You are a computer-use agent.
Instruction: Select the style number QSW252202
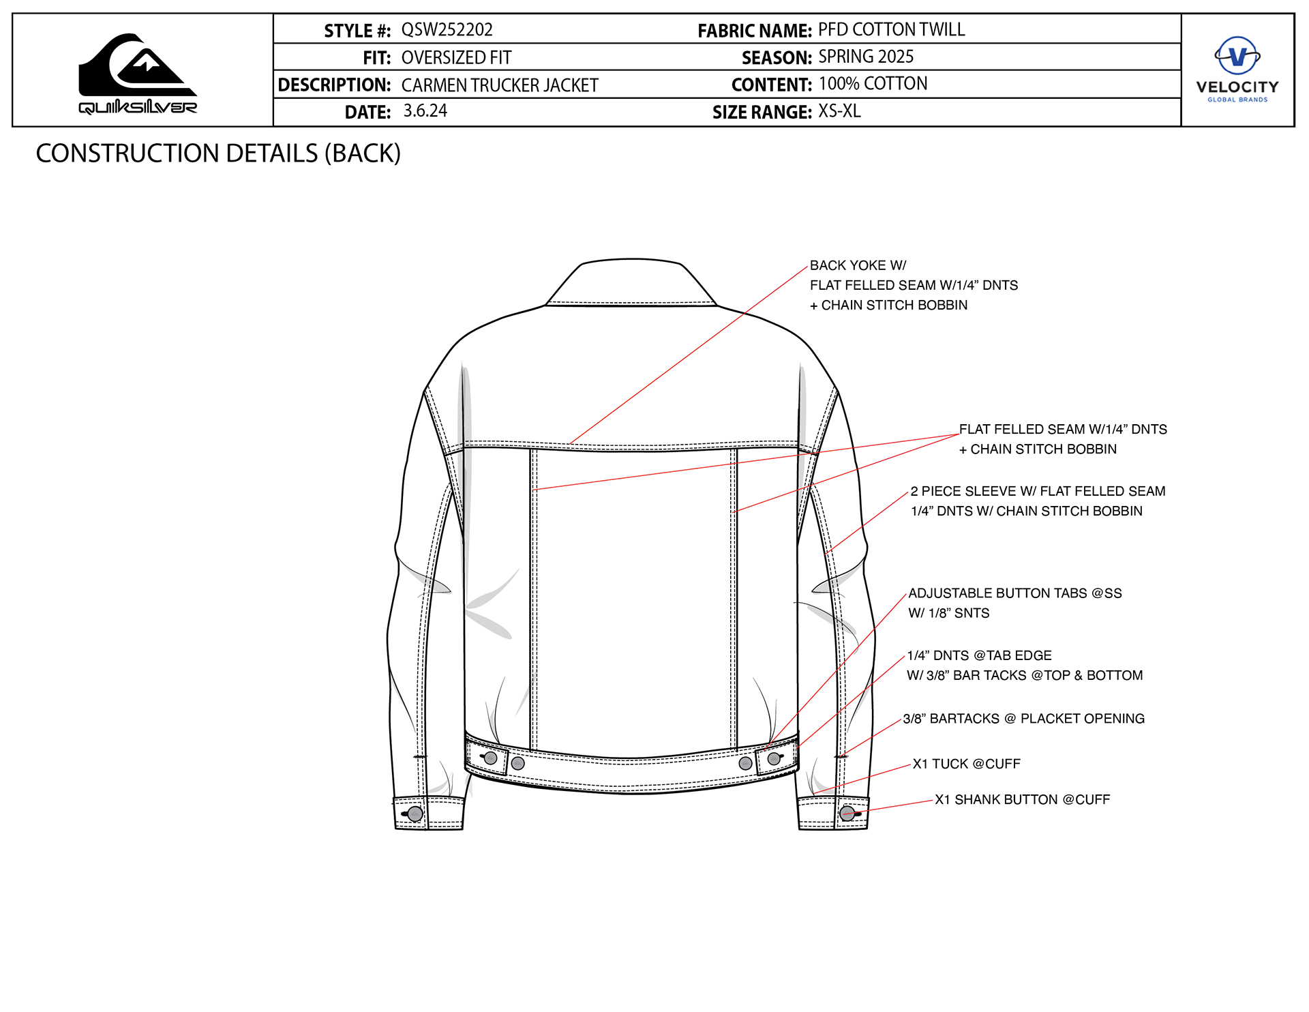[447, 30]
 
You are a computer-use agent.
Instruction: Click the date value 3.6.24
[425, 111]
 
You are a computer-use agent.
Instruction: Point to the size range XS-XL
[839, 111]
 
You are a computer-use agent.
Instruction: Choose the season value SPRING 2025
[866, 57]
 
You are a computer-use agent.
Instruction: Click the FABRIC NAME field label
[754, 31]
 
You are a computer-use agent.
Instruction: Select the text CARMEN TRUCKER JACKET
[500, 85]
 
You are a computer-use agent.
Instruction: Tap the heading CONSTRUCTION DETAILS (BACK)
[218, 153]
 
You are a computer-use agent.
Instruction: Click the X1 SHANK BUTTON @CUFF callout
[1022, 799]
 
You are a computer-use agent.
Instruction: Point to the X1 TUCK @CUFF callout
[966, 764]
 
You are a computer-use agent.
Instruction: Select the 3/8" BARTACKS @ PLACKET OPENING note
[1023, 719]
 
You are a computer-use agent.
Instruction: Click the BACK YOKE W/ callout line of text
[858, 265]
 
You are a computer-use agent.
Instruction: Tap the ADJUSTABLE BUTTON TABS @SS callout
[1014, 593]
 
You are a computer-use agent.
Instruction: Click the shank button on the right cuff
[847, 813]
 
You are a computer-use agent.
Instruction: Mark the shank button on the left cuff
[415, 814]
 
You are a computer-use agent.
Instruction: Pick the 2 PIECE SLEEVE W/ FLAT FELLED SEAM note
[1038, 491]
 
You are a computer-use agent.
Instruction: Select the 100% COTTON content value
[873, 84]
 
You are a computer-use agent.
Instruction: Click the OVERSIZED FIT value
[456, 58]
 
